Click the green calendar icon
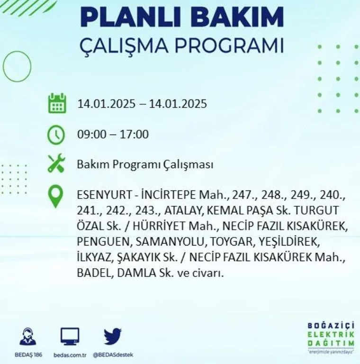57,103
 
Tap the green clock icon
56,135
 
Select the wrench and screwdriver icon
56,163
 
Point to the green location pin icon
56,197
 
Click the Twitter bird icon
113,336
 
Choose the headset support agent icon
28,336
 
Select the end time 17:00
134,135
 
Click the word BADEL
95,273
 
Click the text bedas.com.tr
70,355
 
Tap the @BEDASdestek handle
113,355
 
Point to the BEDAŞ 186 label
28,355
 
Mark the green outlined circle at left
17,66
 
